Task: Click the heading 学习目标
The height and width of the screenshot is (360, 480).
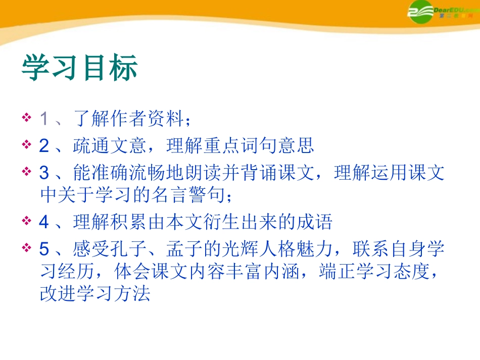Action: point(79,69)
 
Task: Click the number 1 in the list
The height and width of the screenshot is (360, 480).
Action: point(44,120)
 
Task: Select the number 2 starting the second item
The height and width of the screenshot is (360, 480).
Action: point(44,146)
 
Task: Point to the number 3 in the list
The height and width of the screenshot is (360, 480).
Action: point(44,173)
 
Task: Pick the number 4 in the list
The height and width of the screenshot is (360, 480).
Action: point(44,222)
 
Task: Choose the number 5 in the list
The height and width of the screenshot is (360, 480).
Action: point(44,249)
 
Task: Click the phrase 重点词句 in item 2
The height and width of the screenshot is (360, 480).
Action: point(240,146)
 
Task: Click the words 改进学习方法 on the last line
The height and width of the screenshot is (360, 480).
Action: point(95,294)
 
